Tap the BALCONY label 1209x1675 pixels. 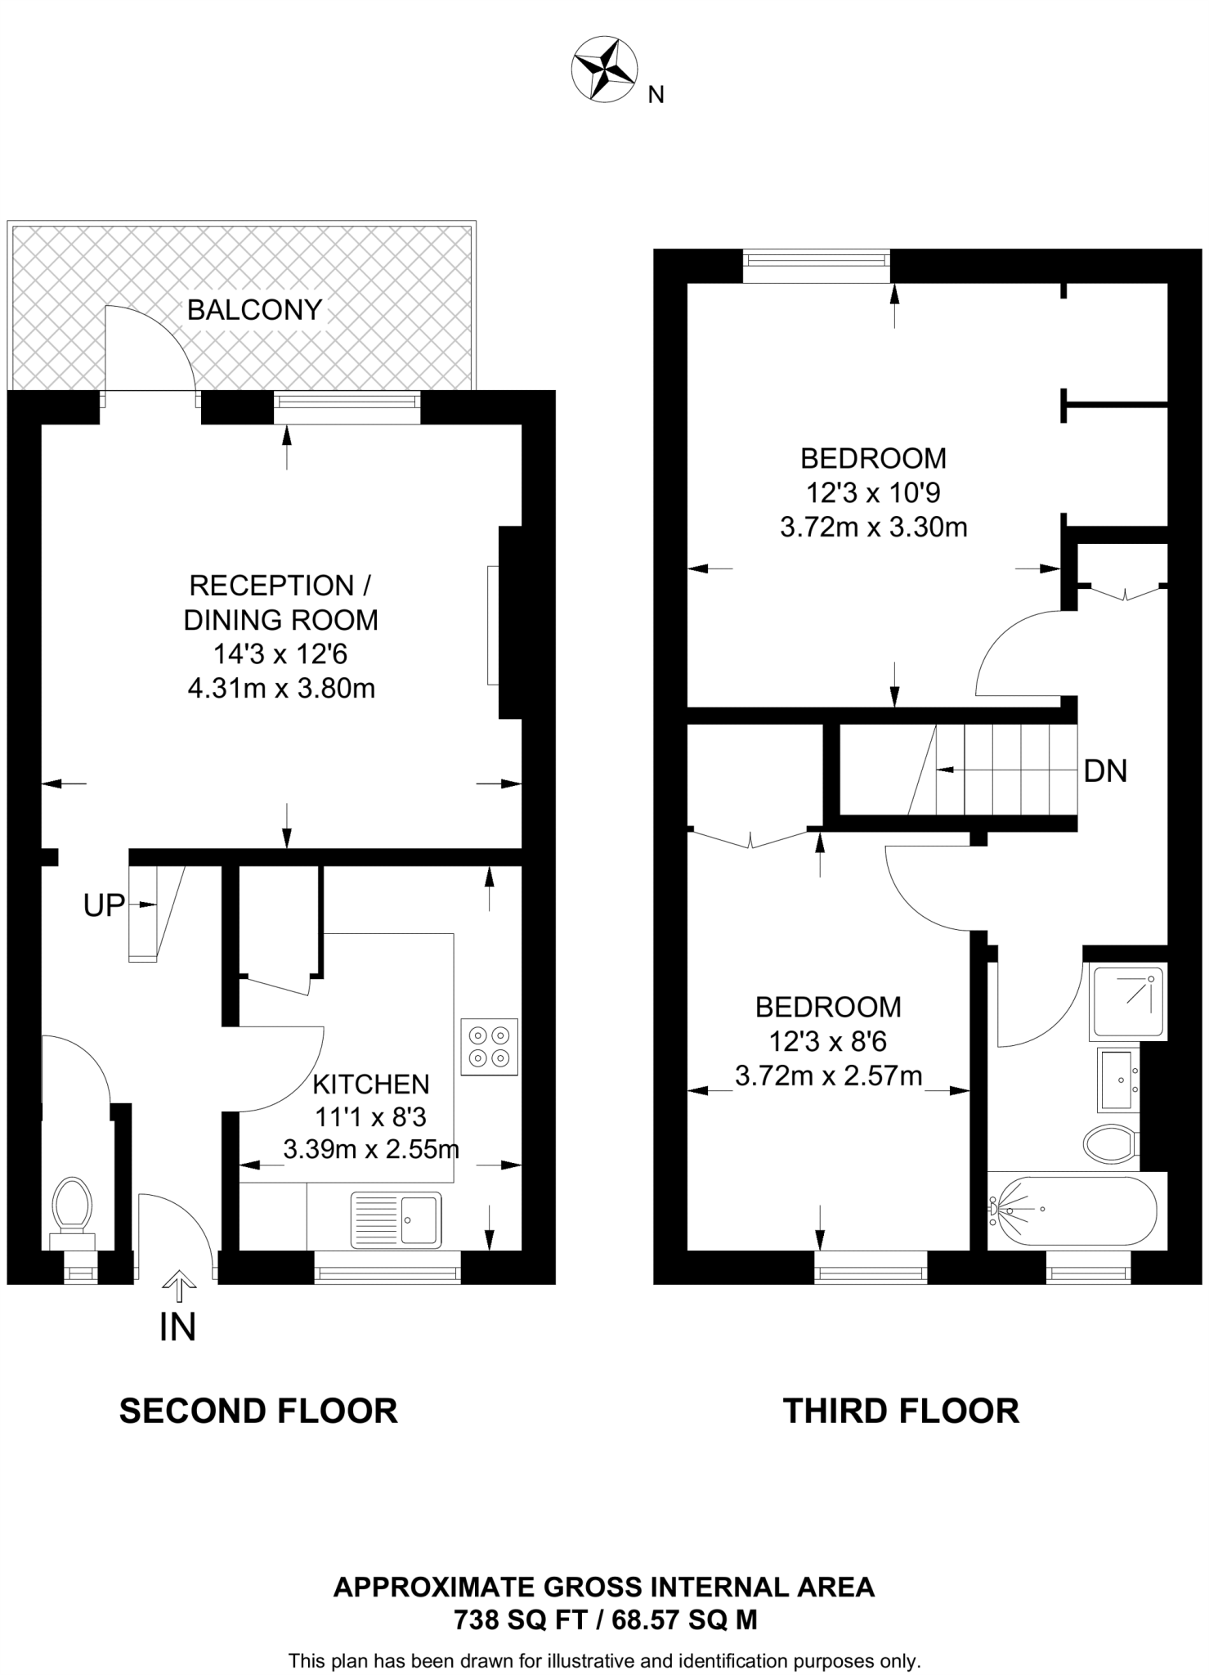point(254,310)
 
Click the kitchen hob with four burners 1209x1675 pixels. point(489,1046)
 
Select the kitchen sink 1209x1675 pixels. point(396,1219)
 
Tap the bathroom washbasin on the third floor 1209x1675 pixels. point(1114,1080)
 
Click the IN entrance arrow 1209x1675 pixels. point(178,1290)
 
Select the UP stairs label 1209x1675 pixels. point(104,905)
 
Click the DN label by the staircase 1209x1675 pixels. point(1105,770)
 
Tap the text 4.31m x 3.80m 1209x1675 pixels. point(281,689)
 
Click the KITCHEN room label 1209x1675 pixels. point(371,1084)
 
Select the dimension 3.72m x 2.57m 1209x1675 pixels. point(828,1076)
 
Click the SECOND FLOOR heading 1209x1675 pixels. point(258,1412)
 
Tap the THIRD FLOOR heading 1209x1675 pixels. point(901,1412)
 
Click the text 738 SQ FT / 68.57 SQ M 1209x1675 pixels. point(605,1619)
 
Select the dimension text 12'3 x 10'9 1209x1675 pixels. point(872,492)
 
